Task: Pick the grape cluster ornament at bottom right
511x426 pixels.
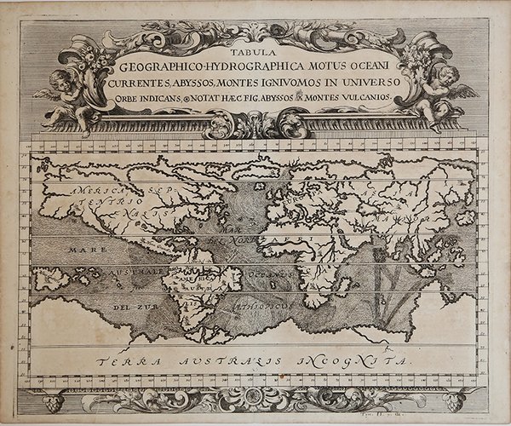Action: click(x=454, y=401)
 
